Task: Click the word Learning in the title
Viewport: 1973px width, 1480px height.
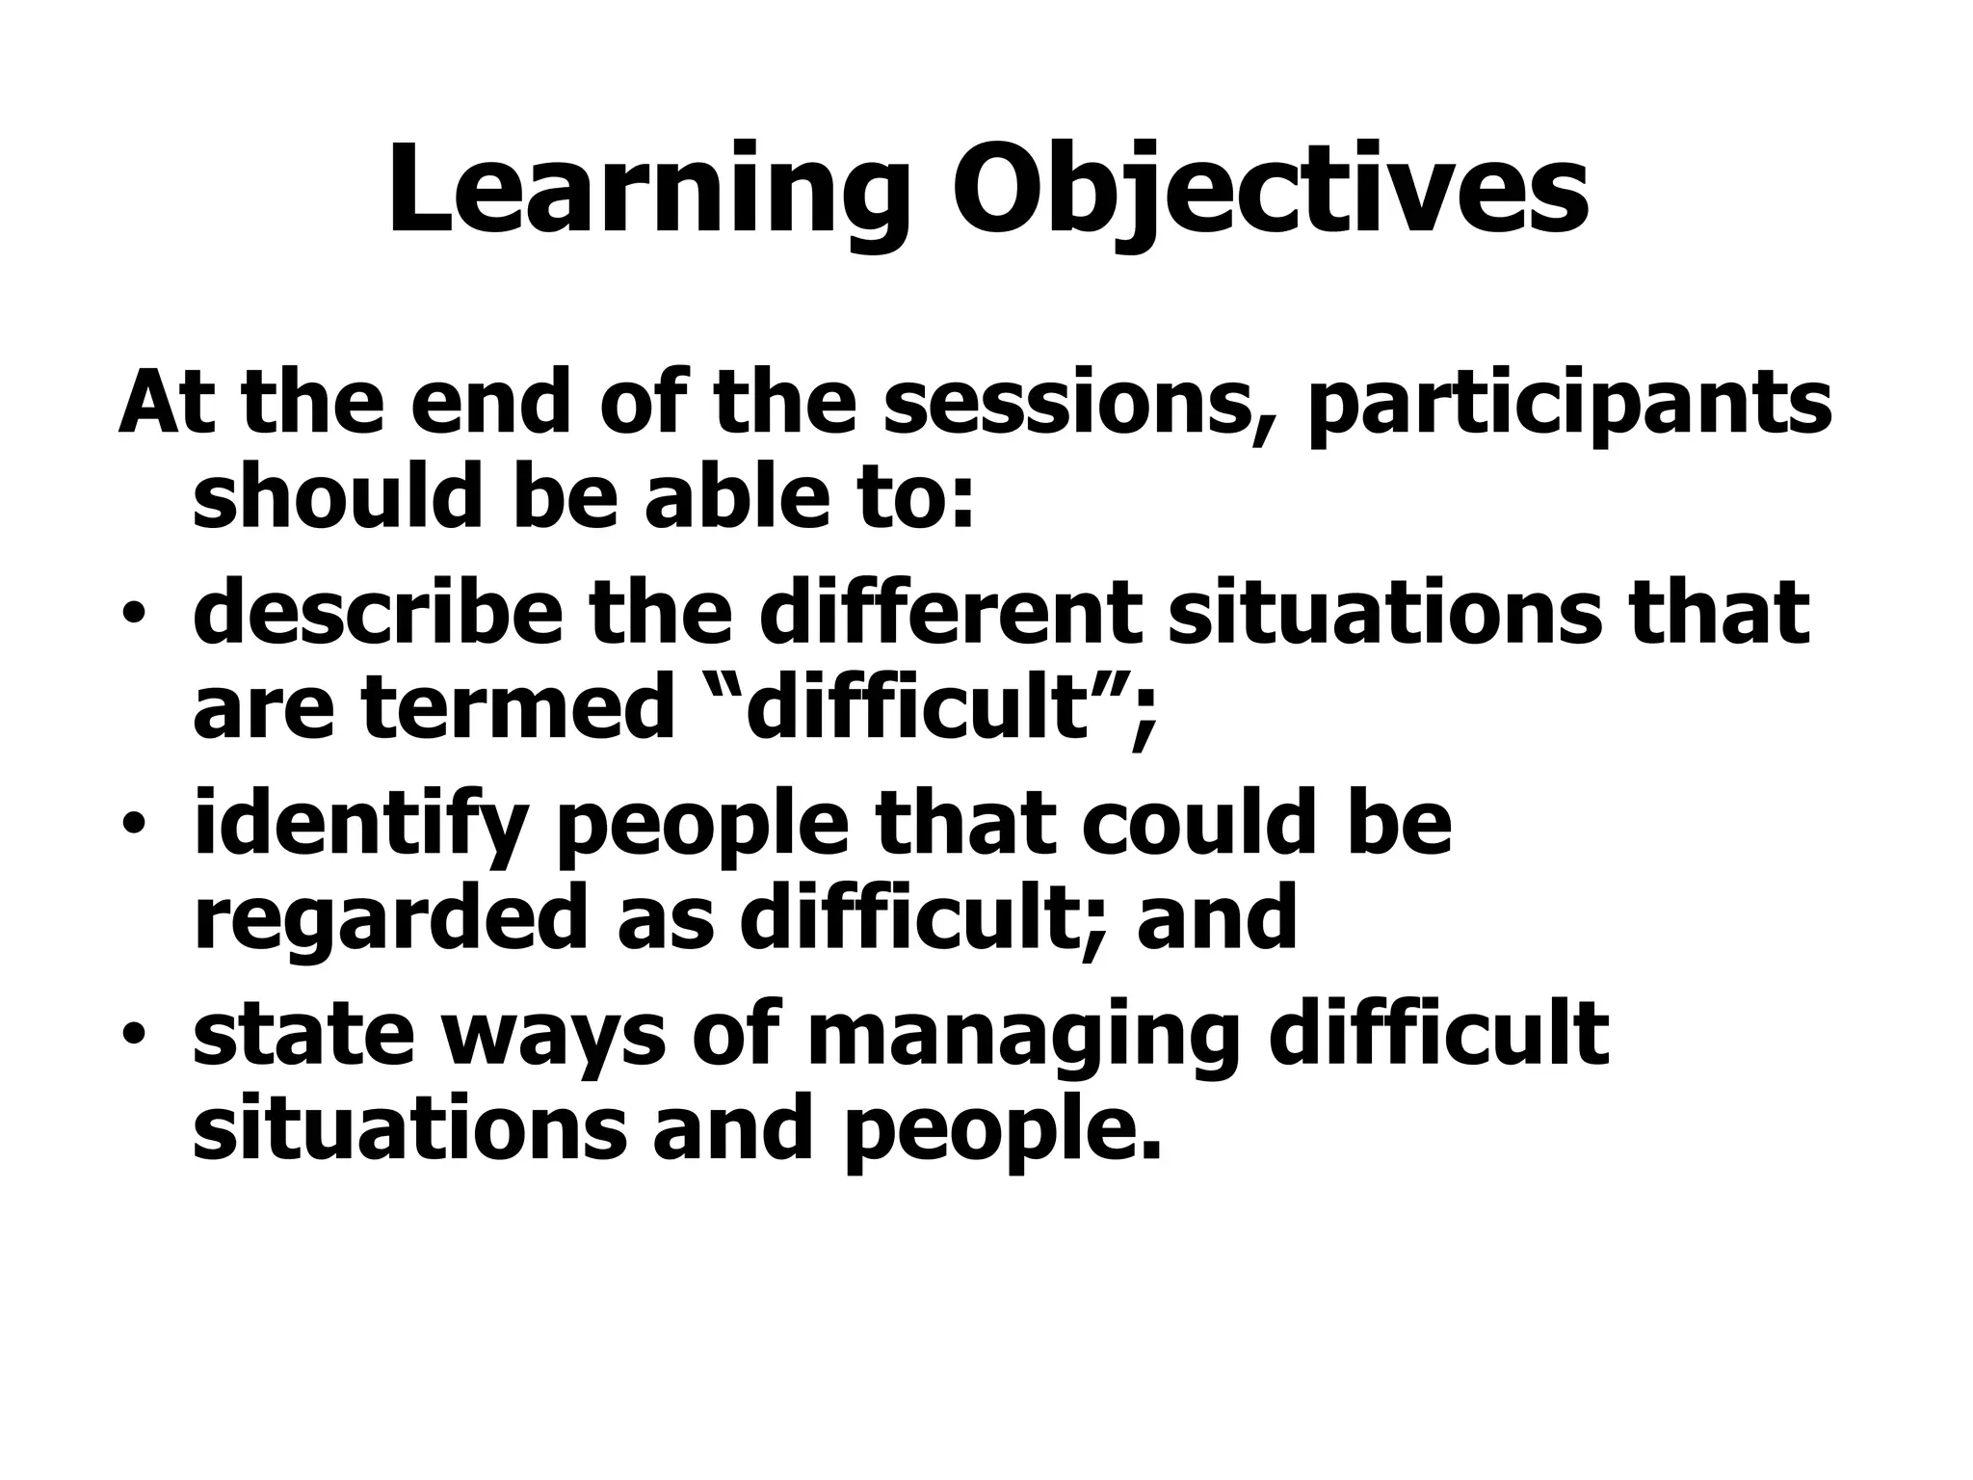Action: coord(648,191)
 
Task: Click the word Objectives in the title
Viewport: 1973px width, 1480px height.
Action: coord(1270,191)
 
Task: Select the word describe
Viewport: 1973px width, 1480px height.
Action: coord(377,613)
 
